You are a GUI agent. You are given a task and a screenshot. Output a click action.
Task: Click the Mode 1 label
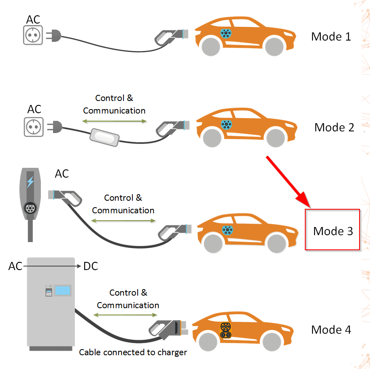[331, 36]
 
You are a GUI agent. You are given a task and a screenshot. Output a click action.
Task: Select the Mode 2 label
[334, 127]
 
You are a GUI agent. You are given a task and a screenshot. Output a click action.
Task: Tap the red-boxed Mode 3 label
[333, 231]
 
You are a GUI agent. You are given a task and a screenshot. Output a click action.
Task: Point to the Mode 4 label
[331, 330]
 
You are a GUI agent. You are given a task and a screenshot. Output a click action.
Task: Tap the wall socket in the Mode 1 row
[33, 36]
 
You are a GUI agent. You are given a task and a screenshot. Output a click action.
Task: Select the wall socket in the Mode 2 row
[33, 127]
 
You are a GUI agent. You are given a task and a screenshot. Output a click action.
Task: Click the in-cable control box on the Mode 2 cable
[104, 137]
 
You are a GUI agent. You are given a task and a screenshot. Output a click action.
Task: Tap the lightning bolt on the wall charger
[30, 182]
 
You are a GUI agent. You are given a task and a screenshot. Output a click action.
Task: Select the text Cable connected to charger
[133, 352]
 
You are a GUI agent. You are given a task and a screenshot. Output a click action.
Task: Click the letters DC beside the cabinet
[90, 266]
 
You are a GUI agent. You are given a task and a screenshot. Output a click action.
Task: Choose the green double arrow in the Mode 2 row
[114, 121]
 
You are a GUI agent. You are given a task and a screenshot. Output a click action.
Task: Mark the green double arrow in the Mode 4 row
[126, 315]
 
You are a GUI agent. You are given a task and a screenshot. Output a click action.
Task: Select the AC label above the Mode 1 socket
[33, 19]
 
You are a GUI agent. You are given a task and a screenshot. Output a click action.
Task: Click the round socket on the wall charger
[30, 208]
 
